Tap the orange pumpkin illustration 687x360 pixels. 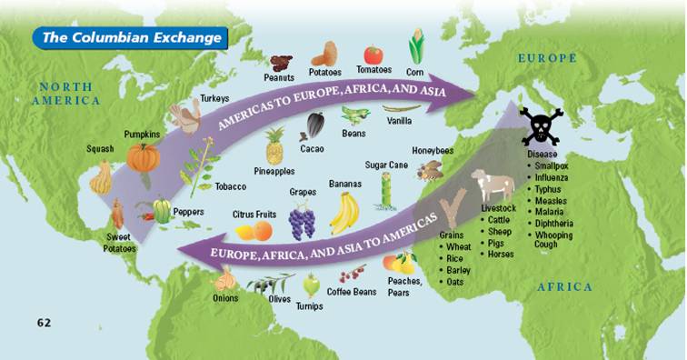coord(143,157)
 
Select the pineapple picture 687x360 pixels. coord(274,146)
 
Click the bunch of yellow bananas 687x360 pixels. coord(343,213)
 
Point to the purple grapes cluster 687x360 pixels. coord(302,220)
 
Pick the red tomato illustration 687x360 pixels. coord(373,55)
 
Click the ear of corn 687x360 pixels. coord(417,46)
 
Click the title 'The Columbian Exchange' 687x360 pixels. coord(132,37)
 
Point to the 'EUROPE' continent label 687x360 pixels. coord(547,58)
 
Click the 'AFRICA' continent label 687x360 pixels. coord(564,287)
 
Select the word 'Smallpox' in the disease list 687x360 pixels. coord(553,167)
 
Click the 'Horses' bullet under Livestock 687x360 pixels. coord(501,255)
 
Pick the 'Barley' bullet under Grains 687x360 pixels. coord(458,270)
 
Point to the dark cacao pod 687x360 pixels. coord(315,125)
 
